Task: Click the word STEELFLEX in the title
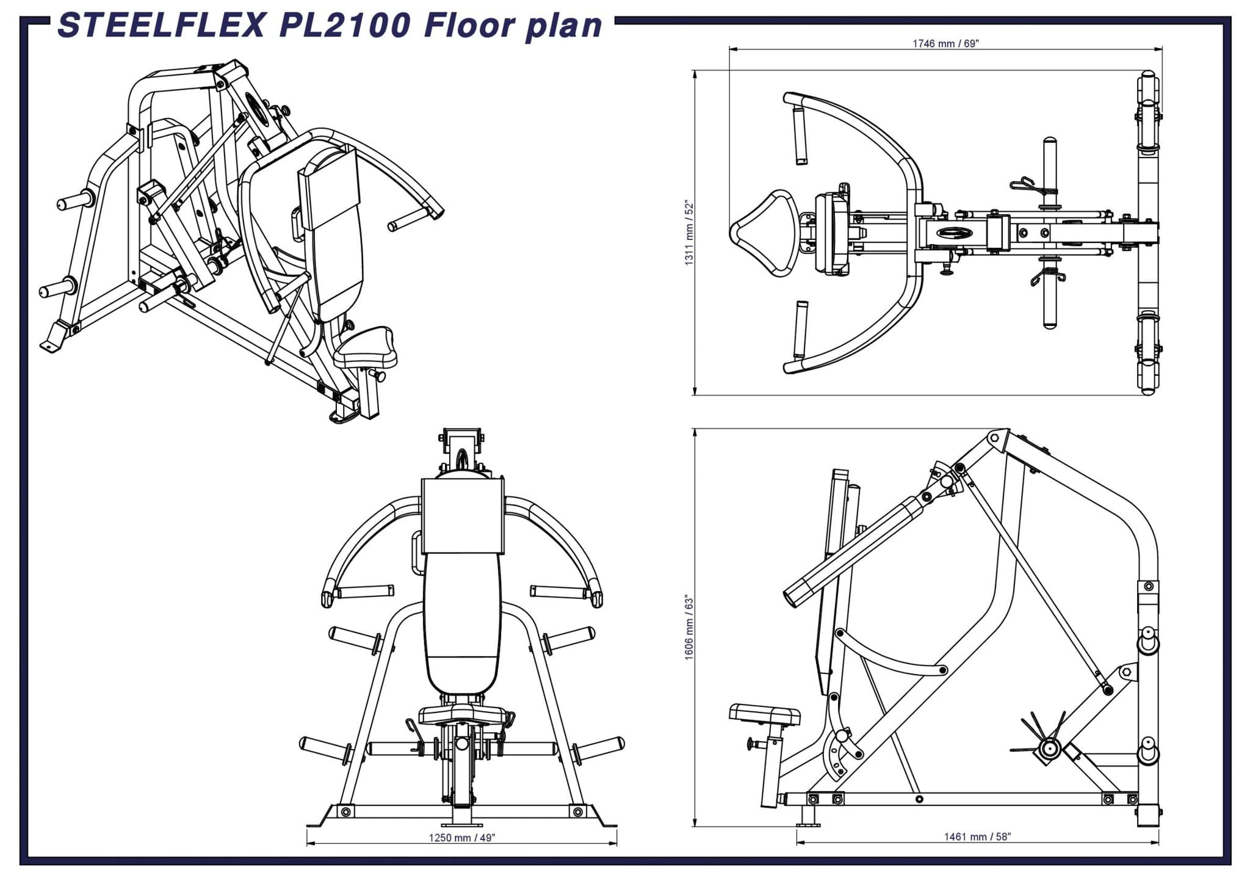(x=162, y=26)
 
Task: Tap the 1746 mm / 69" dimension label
(x=945, y=43)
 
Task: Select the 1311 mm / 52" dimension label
(x=690, y=232)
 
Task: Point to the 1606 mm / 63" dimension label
(x=690, y=627)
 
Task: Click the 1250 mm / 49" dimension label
(x=461, y=838)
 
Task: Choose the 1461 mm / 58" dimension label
(x=977, y=836)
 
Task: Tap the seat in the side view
(x=765, y=714)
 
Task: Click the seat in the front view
(x=462, y=715)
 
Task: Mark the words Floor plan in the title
(x=513, y=26)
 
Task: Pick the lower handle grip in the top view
(x=800, y=330)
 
